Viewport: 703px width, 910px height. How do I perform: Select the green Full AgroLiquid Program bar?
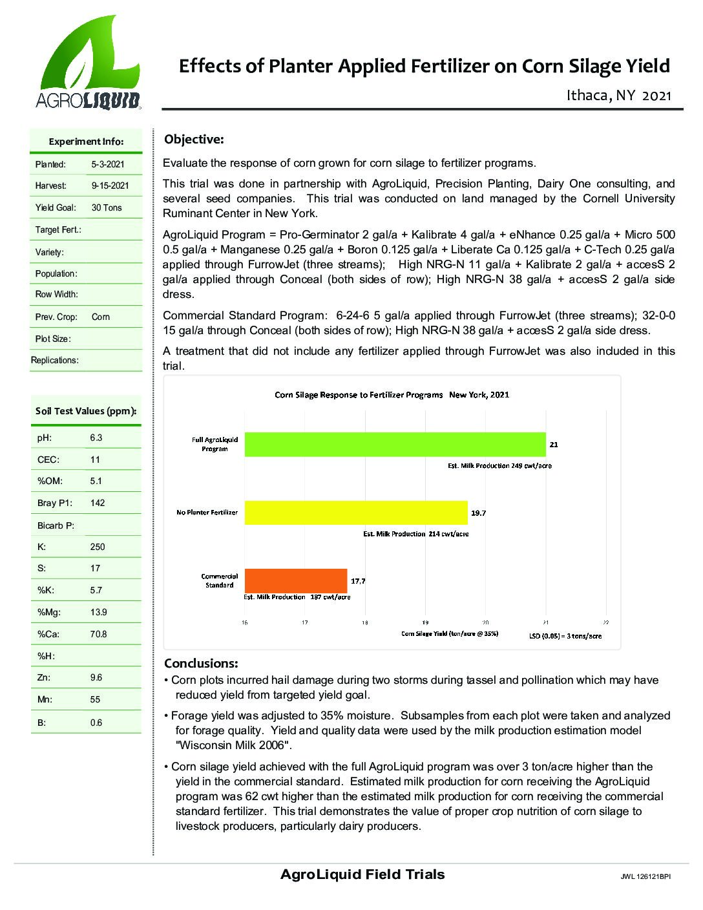tap(395, 444)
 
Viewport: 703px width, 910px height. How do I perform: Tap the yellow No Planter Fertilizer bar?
tap(355, 513)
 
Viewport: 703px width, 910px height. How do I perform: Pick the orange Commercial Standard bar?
tap(295, 580)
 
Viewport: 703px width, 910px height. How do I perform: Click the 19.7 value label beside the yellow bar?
tap(478, 513)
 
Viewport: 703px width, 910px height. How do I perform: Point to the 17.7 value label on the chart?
tap(358, 581)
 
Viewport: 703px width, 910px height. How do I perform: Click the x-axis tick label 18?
tap(365, 622)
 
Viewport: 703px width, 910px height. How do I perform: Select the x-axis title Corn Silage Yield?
tap(450, 634)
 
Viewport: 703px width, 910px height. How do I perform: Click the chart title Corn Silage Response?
tap(392, 394)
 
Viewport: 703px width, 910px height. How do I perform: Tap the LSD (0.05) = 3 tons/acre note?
tap(565, 636)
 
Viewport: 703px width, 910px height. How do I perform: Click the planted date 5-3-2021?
tap(107, 164)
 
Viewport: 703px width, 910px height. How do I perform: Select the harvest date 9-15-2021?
tap(110, 186)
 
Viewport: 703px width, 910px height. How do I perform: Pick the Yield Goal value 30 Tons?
tap(107, 208)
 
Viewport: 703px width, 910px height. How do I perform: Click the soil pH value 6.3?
tap(96, 438)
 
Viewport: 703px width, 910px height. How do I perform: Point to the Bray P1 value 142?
tap(98, 503)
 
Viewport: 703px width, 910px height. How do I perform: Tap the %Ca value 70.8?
tap(99, 634)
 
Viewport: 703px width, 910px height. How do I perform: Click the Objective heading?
tap(194, 140)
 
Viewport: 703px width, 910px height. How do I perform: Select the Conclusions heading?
tap(201, 664)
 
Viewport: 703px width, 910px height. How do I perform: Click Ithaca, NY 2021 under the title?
tap(619, 96)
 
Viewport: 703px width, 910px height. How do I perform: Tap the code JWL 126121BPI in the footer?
tap(645, 878)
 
